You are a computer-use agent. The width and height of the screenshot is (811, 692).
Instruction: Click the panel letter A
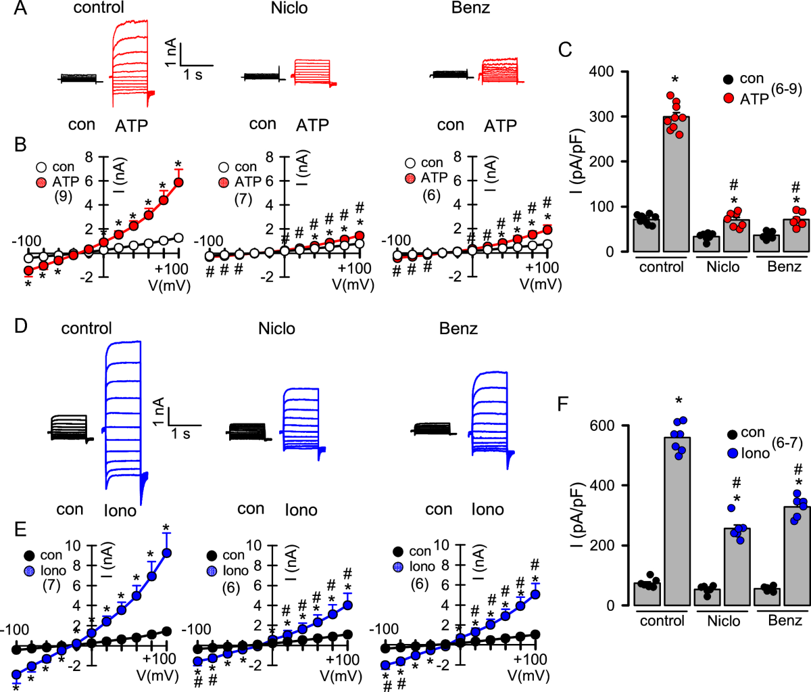(x=21, y=9)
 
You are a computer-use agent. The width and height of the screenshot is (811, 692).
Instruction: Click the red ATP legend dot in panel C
(x=728, y=98)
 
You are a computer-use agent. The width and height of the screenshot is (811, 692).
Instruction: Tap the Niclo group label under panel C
(x=724, y=267)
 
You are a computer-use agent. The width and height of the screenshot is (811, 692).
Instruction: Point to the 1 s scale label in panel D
(x=180, y=433)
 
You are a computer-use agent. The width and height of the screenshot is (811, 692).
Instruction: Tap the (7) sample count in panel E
(x=52, y=584)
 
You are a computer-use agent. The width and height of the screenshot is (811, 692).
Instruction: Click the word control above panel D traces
(x=87, y=329)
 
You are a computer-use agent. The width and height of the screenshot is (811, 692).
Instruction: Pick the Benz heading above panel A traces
(x=470, y=9)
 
